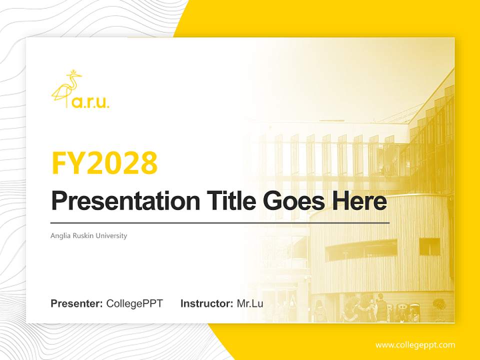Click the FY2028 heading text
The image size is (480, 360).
tap(104, 163)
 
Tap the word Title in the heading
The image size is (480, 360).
tap(222, 201)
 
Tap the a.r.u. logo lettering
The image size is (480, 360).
tap(91, 103)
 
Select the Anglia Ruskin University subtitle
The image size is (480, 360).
tap(89, 236)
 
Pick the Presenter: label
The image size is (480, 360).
tap(77, 303)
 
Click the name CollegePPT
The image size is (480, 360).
tap(134, 303)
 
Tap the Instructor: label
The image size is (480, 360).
tap(206, 303)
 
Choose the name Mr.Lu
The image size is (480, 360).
tap(250, 303)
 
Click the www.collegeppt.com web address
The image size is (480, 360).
tap(415, 345)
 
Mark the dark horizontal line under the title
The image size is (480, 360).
tap(220, 223)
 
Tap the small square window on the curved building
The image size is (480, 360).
tap(429, 246)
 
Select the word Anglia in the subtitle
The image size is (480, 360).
tap(59, 236)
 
